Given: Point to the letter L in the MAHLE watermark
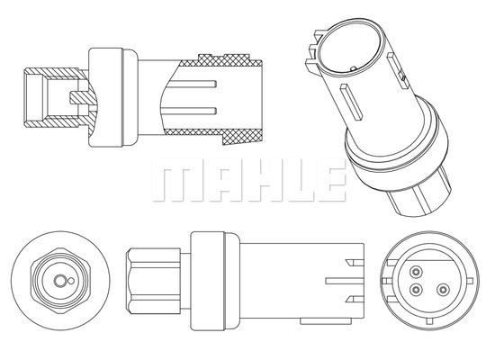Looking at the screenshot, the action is (x=298, y=180).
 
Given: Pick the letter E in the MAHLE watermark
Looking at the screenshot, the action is (x=330, y=180).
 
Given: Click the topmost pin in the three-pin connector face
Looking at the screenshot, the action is (x=416, y=271).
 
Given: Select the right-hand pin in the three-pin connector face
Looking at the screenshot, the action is (x=443, y=289).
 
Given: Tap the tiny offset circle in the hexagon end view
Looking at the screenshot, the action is (x=71, y=281).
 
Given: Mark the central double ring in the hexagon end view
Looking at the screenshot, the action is (x=59, y=281).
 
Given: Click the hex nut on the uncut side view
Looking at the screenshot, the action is (x=153, y=281).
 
